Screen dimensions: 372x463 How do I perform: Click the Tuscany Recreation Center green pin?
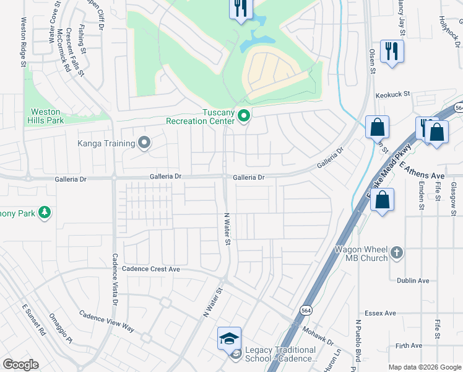pyautogui.click(x=244, y=115)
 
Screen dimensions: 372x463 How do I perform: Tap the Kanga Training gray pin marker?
pyautogui.click(x=144, y=144)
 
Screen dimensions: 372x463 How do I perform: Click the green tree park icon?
pyautogui.click(x=44, y=213)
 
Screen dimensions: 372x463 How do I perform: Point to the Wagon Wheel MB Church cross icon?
pyautogui.click(x=397, y=252)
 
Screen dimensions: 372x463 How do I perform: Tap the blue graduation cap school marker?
pyautogui.click(x=229, y=339)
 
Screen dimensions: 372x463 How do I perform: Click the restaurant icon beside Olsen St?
pyautogui.click(x=391, y=51)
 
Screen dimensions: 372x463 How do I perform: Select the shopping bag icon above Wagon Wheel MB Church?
pyautogui.click(x=383, y=200)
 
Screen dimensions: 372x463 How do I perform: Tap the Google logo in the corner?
pyautogui.click(x=20, y=365)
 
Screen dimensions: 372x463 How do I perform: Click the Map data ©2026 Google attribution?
pyautogui.click(x=425, y=367)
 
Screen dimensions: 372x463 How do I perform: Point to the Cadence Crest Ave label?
pyautogui.click(x=150, y=269)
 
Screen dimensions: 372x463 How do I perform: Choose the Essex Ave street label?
pyautogui.click(x=380, y=313)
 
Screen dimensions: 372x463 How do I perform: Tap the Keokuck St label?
pyautogui.click(x=393, y=94)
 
